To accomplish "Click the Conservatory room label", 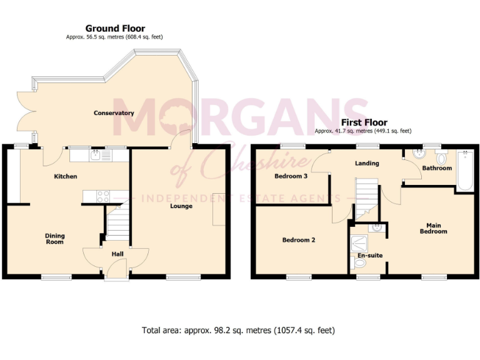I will coord(114,113).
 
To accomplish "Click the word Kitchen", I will coord(66,177).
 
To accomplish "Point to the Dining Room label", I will coord(55,239).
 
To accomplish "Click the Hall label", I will coord(117,254).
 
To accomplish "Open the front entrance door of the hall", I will coord(117,271).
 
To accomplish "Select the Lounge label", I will coord(181,206).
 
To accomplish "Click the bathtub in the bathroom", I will coord(464,171).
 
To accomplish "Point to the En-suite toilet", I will coord(360,265).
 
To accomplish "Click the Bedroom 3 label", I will coord(291,177).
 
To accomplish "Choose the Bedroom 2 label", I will coord(298,240).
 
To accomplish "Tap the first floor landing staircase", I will coord(367,196).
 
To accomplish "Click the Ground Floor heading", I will coord(115,29).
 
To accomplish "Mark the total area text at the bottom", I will coord(239,330).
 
